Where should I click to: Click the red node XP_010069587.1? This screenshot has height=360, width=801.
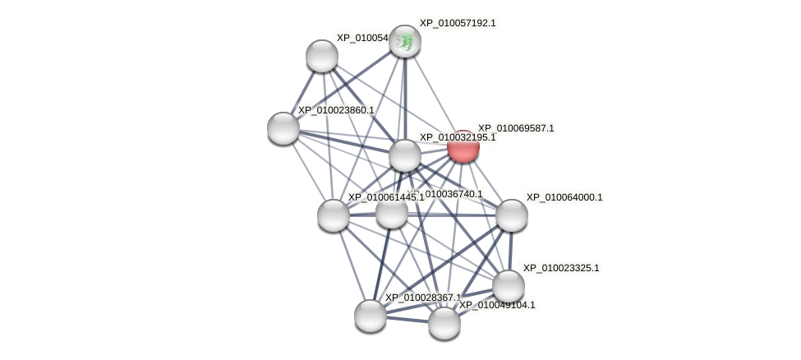[463, 147]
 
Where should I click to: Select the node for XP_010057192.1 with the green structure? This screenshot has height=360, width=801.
[405, 41]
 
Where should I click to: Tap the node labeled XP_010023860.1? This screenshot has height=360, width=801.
[283, 128]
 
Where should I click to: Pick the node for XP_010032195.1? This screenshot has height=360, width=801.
[405, 155]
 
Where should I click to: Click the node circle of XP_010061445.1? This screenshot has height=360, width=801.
[334, 215]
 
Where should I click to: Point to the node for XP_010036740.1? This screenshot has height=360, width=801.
[392, 212]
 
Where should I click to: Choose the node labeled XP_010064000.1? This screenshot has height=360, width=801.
[511, 215]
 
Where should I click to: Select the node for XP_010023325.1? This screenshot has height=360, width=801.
[509, 286]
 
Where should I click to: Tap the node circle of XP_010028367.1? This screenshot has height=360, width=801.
[371, 316]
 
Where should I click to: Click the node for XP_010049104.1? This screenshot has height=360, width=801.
[444, 323]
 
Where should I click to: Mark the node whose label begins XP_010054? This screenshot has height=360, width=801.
[322, 56]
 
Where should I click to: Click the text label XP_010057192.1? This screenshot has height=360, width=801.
[458, 23]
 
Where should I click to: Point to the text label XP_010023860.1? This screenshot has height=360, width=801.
[335, 110]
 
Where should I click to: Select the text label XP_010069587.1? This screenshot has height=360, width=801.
[516, 128]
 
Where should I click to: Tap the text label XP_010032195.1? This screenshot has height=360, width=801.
[458, 137]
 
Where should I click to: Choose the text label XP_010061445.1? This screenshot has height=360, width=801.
[385, 197]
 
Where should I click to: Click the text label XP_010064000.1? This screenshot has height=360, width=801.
[564, 197]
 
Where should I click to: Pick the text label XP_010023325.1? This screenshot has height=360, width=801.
[561, 268]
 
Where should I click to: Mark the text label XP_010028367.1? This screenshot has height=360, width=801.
[422, 298]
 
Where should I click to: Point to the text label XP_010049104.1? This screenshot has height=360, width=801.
[496, 305]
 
